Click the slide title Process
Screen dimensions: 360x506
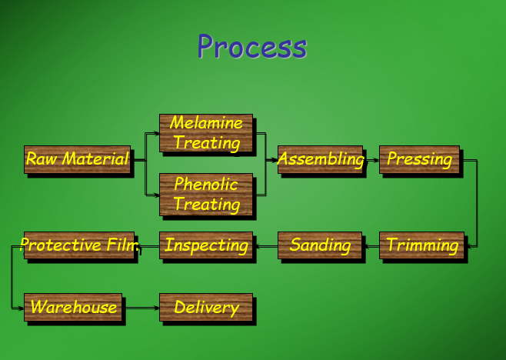[x=251, y=46]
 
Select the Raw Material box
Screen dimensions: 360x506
[x=78, y=159]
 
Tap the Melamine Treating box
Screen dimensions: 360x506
[x=206, y=133]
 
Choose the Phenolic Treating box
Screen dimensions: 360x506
[x=206, y=194]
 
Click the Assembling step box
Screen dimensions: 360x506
[x=320, y=159]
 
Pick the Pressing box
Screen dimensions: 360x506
[x=419, y=159]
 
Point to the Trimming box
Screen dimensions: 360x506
[x=422, y=245]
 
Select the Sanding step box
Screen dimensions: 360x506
[x=320, y=245]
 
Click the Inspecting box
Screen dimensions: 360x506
[x=206, y=245]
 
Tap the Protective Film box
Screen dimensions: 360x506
[x=79, y=245]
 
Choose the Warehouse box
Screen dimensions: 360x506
[x=73, y=307]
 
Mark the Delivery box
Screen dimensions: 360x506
[x=206, y=307]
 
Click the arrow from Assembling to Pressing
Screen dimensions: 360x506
[x=371, y=160]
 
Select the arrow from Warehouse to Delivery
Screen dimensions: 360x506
[x=141, y=308]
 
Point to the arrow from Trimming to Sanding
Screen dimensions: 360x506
[x=371, y=246]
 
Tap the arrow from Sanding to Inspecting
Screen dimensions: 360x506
[x=265, y=246]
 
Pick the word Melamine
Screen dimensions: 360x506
[x=206, y=123]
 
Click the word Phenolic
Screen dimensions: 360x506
[x=206, y=185]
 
